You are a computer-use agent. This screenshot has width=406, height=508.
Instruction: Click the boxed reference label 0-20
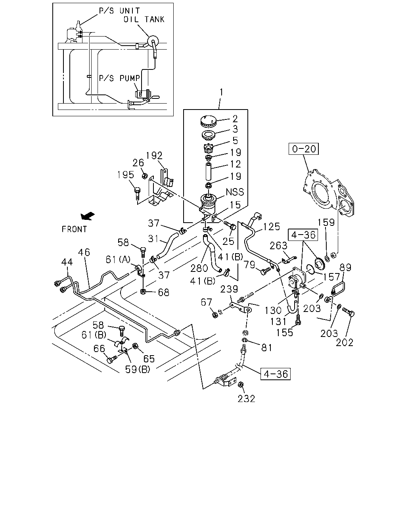[303, 149]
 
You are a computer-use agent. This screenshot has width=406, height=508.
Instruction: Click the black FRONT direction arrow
[87, 216]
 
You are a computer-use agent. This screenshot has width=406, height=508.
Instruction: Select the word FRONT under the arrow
[74, 229]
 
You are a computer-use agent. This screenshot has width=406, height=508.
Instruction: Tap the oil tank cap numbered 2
[208, 121]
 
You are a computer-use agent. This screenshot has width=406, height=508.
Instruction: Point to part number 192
[154, 156]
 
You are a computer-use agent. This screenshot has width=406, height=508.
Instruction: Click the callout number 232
[246, 399]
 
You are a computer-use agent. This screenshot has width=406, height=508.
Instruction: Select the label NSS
[235, 192]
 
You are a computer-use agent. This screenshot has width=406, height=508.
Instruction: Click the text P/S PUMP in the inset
[119, 78]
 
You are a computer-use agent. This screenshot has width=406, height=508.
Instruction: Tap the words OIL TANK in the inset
[144, 19]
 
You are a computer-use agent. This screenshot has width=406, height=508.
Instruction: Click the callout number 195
[126, 175]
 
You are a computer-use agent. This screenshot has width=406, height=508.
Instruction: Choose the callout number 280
[199, 268]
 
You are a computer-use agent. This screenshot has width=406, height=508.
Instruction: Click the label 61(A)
[118, 260]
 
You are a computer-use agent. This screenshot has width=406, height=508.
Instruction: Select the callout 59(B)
[138, 369]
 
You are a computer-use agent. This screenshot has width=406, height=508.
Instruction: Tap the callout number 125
[272, 227]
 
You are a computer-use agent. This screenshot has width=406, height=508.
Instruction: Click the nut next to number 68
[143, 292]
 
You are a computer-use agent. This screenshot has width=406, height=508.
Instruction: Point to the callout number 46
[84, 252]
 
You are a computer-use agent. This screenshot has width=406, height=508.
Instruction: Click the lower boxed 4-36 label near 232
[275, 374]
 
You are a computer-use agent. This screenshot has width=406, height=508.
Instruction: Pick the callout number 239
[229, 289]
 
